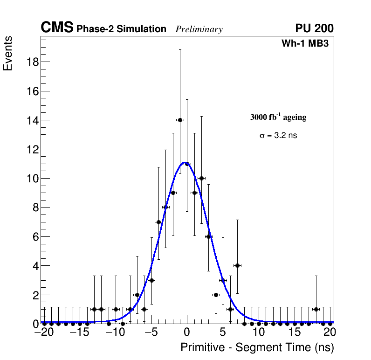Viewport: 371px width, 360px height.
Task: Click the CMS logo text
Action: coord(57,28)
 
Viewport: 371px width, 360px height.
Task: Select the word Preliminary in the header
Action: coord(199,29)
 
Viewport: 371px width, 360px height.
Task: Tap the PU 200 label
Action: coord(314,28)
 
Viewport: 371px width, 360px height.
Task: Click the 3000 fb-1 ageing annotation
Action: coord(278,117)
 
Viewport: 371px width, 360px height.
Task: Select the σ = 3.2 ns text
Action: coord(278,136)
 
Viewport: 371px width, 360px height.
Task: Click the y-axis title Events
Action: coord(8,53)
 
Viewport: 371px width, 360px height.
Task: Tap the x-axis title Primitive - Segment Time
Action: coord(257,347)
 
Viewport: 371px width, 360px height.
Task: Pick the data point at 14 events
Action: coord(180,120)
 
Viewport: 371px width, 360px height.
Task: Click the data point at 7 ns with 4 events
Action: coord(237,265)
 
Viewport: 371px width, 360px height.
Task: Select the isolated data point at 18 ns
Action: coord(316,309)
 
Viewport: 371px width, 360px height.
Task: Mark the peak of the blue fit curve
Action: coord(185,163)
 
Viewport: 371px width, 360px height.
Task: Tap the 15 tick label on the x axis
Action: coord(295,333)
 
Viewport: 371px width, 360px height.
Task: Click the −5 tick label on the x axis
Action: coord(150,333)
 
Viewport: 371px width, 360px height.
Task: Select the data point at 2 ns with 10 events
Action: coord(201,178)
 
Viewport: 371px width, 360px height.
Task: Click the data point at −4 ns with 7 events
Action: coord(158,222)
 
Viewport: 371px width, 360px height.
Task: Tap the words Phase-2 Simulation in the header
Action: coord(121,29)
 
